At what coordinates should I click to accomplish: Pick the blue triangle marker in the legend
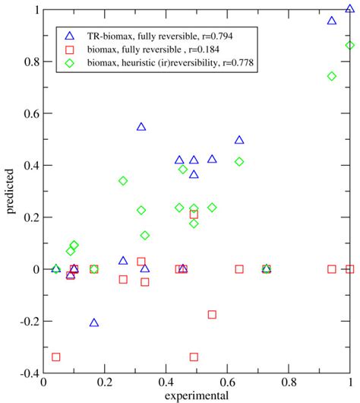[70, 36]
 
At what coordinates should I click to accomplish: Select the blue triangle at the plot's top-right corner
[349, 9]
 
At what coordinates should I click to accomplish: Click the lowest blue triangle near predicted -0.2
[94, 322]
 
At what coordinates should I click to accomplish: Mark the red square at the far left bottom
[56, 357]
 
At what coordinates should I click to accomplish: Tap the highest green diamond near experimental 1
[349, 46]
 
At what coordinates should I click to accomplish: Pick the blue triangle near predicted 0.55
[141, 127]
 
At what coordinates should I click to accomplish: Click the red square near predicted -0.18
[212, 314]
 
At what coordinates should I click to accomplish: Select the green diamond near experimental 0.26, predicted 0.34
[123, 181]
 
